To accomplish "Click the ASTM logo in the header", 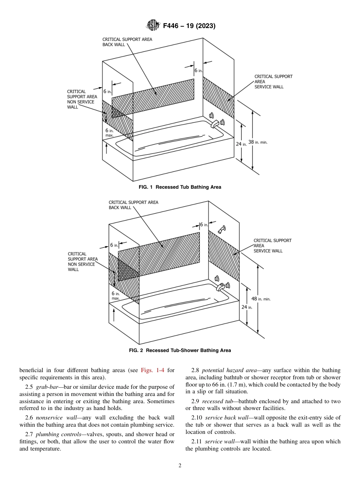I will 153,26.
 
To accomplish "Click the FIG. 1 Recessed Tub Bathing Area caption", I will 180,187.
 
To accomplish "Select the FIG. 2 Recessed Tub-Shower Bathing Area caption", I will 180,351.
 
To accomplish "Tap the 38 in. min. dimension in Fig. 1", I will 257,142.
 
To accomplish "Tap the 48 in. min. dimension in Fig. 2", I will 261,299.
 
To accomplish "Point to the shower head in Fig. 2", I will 222,229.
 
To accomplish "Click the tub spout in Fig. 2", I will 221,287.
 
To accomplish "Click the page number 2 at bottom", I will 180,466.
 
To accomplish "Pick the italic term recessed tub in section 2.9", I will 217,401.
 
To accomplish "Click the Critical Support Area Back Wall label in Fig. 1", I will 127,42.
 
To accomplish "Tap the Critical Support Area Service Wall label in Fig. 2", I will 272,246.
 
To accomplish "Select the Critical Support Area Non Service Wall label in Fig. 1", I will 81,99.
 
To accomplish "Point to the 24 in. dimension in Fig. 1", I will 241,144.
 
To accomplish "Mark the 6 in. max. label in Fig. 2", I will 116,296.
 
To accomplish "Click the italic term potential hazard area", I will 229,370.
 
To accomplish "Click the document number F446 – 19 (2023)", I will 189,26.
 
